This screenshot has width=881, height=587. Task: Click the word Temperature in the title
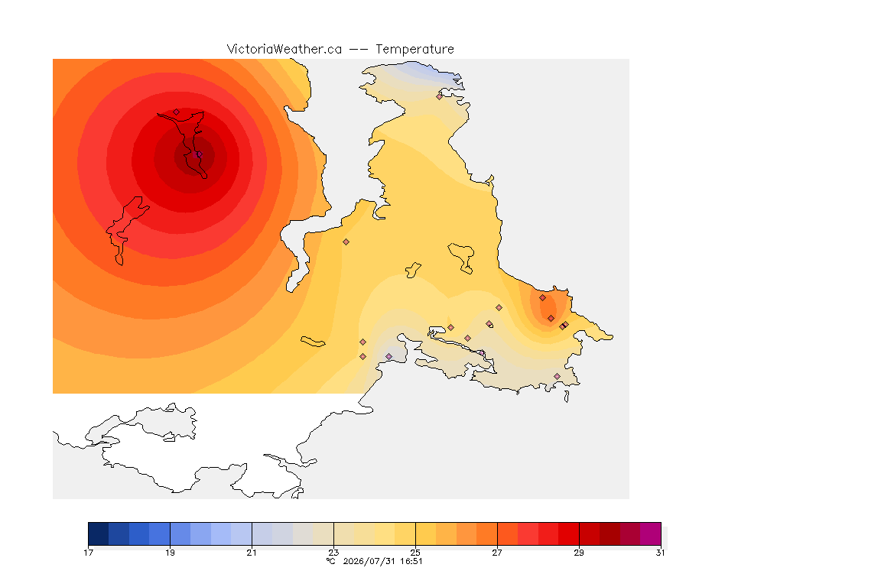coord(414,50)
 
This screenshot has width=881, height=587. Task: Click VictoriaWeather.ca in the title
coord(284,50)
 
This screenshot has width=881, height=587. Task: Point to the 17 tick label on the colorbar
coord(88,553)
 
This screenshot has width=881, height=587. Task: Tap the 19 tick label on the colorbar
coord(170,553)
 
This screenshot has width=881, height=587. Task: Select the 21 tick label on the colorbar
coord(252,553)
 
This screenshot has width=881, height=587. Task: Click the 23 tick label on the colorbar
coord(333,553)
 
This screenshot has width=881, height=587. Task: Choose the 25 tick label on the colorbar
coord(415,553)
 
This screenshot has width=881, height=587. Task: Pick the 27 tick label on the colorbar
coord(497,553)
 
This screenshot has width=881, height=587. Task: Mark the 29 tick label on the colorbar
coord(579,553)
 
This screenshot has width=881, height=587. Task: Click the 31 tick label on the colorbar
coord(660,553)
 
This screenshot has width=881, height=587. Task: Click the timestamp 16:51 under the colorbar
coord(411,561)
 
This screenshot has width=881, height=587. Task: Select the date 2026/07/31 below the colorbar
coord(369,561)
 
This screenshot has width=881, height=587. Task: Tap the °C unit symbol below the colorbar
coord(331,561)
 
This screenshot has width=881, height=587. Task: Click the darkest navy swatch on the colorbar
coord(99,533)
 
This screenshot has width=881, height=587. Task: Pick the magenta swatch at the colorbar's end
coord(651,533)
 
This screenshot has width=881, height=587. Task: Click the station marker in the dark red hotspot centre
coord(198,154)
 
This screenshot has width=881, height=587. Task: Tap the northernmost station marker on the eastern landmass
coord(440,96)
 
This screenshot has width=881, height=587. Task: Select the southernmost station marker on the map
coord(557,376)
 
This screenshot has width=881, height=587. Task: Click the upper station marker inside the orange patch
coord(542,298)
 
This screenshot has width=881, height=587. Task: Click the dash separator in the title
coord(359,50)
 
